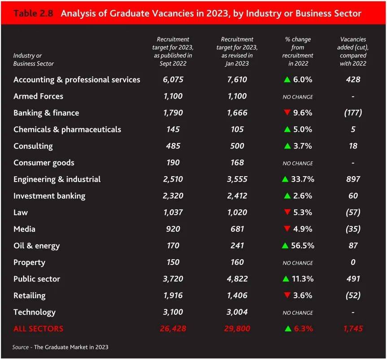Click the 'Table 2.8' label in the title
click(x=33, y=13)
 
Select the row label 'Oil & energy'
click(x=36, y=246)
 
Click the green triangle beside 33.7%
click(x=285, y=179)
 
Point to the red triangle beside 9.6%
click(x=287, y=113)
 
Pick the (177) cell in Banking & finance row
click(x=353, y=113)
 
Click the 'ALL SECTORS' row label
click(x=38, y=329)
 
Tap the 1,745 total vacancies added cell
click(x=353, y=329)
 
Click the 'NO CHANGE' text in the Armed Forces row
click(x=297, y=97)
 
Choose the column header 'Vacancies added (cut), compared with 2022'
click(x=353, y=52)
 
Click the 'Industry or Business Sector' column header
click(x=34, y=60)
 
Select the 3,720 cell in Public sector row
click(x=173, y=279)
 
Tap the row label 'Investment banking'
click(x=49, y=196)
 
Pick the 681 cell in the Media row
click(x=237, y=229)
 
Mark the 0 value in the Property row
click(x=353, y=262)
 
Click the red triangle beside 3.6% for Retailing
click(x=287, y=295)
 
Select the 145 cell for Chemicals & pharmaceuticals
click(x=173, y=130)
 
